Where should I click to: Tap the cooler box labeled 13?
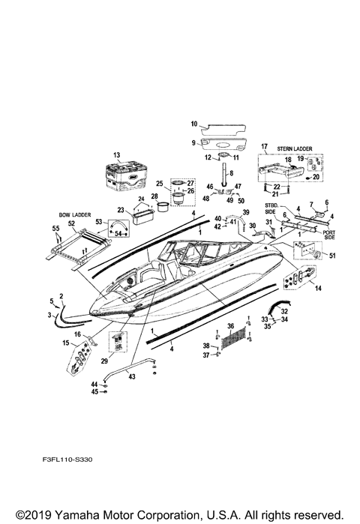click(x=124, y=179)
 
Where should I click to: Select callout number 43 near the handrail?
click(x=131, y=377)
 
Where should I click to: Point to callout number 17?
click(x=264, y=147)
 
